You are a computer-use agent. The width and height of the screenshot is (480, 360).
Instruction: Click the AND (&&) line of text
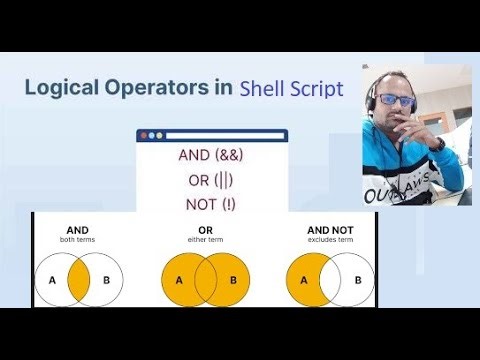[x=211, y=156]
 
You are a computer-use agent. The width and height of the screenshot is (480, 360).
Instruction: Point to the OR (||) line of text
[x=211, y=181]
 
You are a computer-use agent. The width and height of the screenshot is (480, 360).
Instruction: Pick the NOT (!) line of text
[x=211, y=205]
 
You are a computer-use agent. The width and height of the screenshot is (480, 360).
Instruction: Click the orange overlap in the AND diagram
[x=78, y=279]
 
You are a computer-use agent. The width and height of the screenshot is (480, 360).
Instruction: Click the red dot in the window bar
[x=144, y=135]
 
